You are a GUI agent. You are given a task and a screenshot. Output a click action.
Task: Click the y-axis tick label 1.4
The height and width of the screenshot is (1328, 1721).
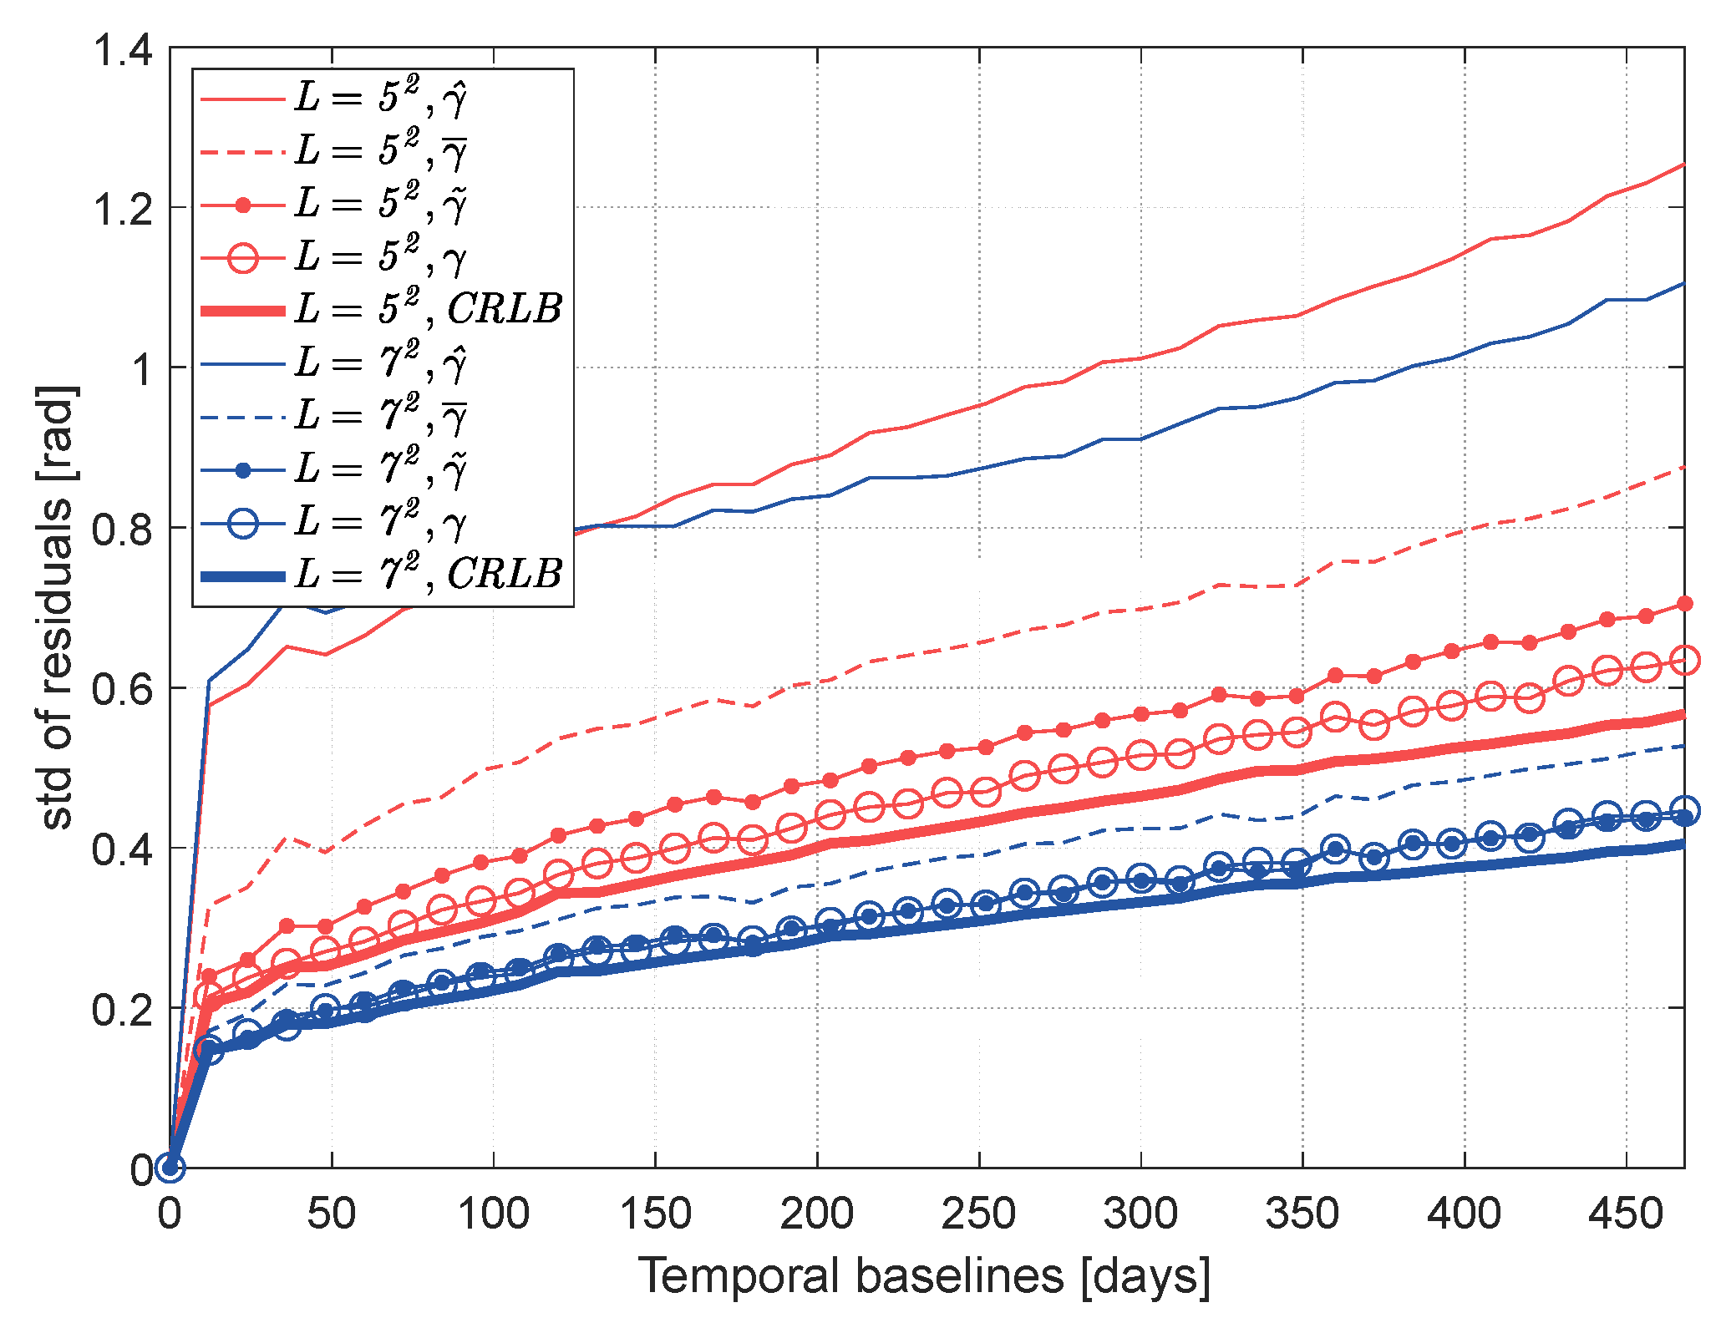[122, 50]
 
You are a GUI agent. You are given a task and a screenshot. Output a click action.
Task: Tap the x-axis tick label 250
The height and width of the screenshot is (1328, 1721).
[978, 1213]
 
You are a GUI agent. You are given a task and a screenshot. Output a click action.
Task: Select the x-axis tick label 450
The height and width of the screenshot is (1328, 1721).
[1626, 1213]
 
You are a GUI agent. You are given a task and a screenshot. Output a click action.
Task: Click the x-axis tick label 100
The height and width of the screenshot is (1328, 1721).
[493, 1213]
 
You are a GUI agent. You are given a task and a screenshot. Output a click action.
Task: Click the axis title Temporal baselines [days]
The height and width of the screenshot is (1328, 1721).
[924, 1276]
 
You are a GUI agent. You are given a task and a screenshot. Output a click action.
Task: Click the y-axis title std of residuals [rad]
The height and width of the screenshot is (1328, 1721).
[57, 607]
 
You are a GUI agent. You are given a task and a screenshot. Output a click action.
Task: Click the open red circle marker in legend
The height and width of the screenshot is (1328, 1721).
[243, 257]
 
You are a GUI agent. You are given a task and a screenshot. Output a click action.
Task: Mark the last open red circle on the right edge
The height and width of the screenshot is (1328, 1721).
[1684, 660]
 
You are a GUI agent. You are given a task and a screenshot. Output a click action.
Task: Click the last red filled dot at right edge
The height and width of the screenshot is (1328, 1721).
[1684, 604]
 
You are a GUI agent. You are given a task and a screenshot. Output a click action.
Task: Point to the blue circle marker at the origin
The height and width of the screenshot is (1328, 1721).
[170, 1167]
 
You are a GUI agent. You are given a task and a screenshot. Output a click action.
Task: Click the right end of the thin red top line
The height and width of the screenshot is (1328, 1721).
[1683, 165]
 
